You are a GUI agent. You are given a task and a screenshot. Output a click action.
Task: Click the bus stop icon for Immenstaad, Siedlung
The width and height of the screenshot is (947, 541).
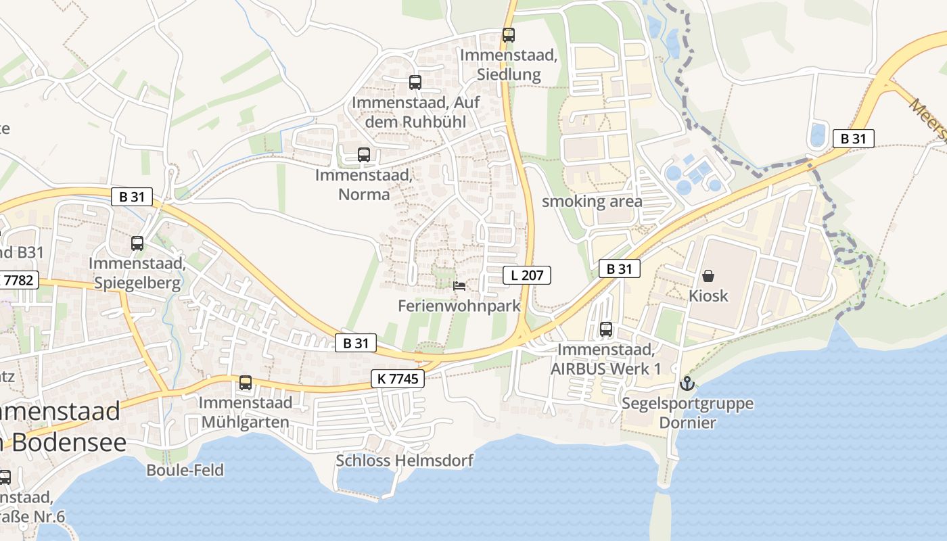508,34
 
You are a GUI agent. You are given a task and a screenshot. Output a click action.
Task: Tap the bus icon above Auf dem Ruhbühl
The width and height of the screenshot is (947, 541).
415,83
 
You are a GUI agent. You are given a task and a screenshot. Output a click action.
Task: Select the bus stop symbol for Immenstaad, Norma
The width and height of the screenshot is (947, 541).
364,154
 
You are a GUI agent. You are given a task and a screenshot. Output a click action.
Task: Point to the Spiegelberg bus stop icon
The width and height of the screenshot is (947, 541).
137,243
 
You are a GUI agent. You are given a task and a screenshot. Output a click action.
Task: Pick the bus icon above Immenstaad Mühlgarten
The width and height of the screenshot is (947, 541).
246,383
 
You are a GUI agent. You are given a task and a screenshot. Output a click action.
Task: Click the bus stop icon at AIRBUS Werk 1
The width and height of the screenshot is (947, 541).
606,329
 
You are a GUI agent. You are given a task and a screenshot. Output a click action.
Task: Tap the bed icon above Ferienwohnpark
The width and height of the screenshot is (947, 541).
459,285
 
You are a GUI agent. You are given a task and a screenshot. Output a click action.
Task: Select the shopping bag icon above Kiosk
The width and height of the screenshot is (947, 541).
708,276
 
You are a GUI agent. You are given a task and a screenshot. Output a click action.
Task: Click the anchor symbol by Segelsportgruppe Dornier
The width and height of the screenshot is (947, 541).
687,383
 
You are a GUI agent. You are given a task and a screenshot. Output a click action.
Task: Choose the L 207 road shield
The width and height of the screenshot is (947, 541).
527,275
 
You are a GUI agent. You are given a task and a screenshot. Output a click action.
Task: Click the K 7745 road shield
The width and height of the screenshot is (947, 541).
398,379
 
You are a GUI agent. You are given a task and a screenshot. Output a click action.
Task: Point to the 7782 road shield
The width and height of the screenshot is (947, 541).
19,280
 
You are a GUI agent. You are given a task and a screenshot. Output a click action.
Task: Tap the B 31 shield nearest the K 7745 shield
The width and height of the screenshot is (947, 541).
356,343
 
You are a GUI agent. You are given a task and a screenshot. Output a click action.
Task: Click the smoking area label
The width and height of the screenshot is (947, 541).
592,201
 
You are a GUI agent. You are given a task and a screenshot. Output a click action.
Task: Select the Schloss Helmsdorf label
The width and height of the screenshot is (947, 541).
405,461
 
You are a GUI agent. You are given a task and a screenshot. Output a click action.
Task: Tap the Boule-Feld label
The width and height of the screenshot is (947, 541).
185,470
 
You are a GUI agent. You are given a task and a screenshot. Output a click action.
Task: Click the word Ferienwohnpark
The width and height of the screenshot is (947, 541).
459,306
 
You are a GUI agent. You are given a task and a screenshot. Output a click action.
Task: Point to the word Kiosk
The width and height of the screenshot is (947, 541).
708,296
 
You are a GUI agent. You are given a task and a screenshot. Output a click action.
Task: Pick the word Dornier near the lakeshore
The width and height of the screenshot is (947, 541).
687,423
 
